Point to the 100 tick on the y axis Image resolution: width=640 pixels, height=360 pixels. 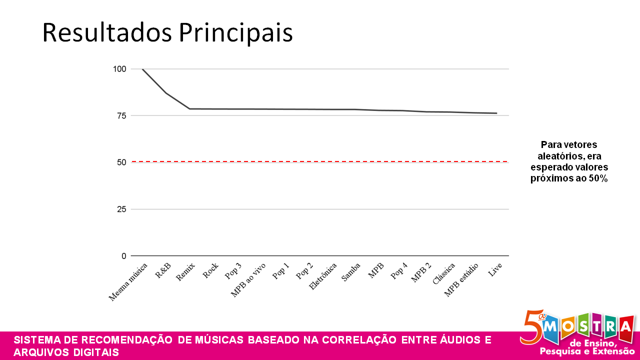pyautogui.click(x=119, y=69)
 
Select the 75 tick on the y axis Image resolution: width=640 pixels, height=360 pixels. pyautogui.click(x=121, y=115)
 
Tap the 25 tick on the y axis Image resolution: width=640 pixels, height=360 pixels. pyautogui.click(x=121, y=209)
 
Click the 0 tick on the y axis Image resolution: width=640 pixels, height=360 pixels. pyautogui.click(x=123, y=256)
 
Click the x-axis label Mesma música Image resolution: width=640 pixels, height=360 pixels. pyautogui.click(x=128, y=281)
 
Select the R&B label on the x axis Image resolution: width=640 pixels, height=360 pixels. pyautogui.click(x=163, y=270)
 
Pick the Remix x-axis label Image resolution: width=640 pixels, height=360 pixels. pyautogui.click(x=185, y=272)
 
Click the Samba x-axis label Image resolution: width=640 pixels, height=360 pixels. pyautogui.click(x=351, y=271)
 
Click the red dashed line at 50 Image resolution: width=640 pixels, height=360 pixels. pyautogui.click(x=320, y=162)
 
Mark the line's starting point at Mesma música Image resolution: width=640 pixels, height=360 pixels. pyautogui.click(x=142, y=69)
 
